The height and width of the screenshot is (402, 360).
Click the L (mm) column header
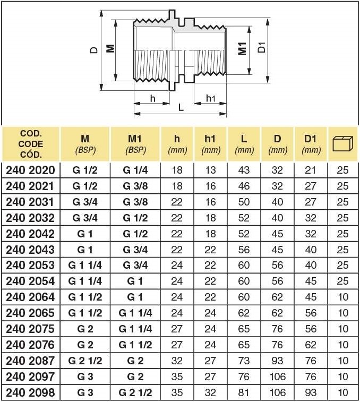point(244,144)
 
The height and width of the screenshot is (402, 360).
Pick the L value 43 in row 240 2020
point(244,170)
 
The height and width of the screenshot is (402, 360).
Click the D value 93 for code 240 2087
point(277,361)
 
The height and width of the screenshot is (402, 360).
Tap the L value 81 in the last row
point(244,393)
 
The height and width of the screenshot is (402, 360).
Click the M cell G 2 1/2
point(85,361)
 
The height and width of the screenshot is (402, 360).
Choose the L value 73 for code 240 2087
point(244,361)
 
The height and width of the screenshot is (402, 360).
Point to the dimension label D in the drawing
point(93,50)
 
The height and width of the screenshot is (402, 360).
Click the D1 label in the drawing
point(261,48)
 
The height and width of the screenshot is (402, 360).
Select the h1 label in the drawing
point(211,98)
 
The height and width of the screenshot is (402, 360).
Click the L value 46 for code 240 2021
point(244,186)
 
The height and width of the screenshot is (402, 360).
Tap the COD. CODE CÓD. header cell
point(31,144)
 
